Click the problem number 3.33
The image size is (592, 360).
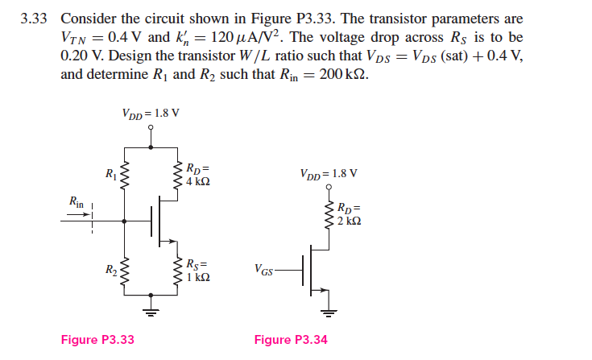(x=35, y=19)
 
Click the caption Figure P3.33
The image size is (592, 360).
(x=97, y=339)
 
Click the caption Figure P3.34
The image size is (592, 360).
(x=291, y=339)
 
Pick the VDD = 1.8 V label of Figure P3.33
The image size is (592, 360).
(x=151, y=113)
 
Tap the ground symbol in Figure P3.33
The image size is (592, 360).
(x=151, y=309)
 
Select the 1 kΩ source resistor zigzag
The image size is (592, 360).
(x=178, y=271)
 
